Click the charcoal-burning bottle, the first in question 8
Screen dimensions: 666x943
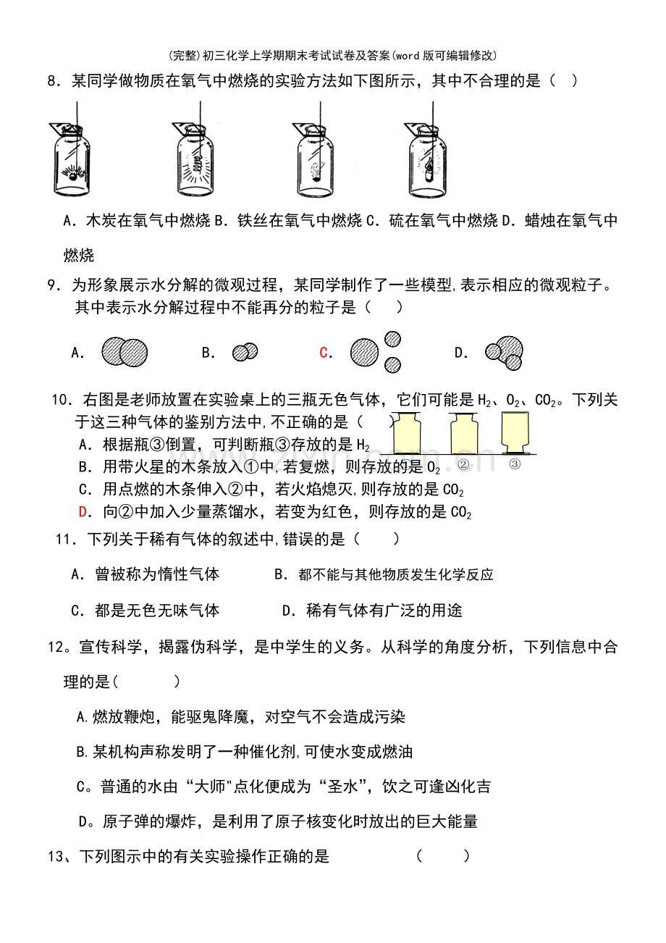(70, 160)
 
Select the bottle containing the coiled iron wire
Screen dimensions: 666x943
(194, 160)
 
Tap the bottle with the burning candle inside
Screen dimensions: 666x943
(426, 160)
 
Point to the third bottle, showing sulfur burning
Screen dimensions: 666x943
(314, 160)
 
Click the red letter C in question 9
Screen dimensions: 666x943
(324, 353)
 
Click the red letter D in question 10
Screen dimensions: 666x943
(83, 512)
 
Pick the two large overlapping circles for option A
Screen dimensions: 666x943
(125, 352)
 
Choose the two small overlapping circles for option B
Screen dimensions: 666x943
(245, 352)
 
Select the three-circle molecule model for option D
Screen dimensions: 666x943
(504, 353)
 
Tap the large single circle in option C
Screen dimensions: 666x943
(364, 353)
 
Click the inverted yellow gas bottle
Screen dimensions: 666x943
(515, 433)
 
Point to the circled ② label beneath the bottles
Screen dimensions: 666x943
(463, 464)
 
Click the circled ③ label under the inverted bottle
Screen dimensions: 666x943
(515, 464)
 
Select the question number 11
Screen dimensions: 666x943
(66, 540)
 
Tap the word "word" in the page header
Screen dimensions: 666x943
(408, 56)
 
